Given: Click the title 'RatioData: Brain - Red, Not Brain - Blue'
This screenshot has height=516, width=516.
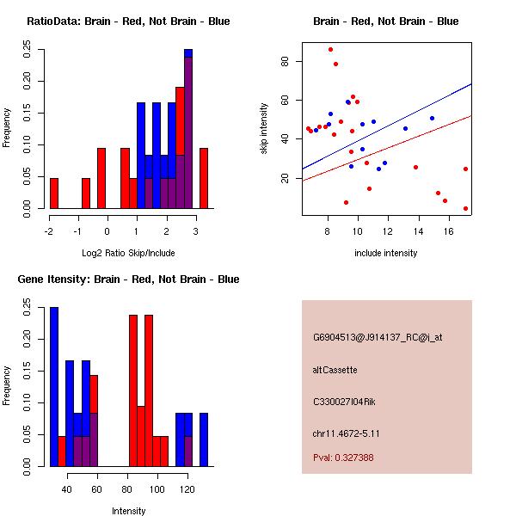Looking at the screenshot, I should tap(128, 21).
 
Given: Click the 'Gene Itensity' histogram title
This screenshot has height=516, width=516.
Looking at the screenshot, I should tap(128, 279).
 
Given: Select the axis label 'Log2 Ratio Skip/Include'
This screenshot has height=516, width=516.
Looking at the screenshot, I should tap(128, 252).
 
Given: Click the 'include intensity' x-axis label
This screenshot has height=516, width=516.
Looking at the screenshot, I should tap(386, 253).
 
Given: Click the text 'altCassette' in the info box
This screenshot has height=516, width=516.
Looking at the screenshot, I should tap(335, 370).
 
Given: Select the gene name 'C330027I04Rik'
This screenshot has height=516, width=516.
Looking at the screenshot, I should tap(341, 401).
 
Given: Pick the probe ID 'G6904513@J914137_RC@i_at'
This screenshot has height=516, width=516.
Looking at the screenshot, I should tap(377, 337).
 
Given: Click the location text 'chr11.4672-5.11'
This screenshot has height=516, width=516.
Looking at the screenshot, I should tap(346, 433).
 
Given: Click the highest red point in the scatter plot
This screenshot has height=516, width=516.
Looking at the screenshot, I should tap(330, 49).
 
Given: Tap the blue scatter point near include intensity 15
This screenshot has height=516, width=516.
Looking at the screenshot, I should tap(432, 118).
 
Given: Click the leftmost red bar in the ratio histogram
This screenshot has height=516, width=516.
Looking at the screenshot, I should tap(54, 193).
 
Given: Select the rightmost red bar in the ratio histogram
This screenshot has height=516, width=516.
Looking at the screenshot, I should tap(204, 178).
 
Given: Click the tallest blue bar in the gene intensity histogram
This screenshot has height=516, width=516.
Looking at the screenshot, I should tap(54, 386).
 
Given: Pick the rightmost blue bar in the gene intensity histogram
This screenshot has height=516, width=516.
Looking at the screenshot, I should tap(204, 439).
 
